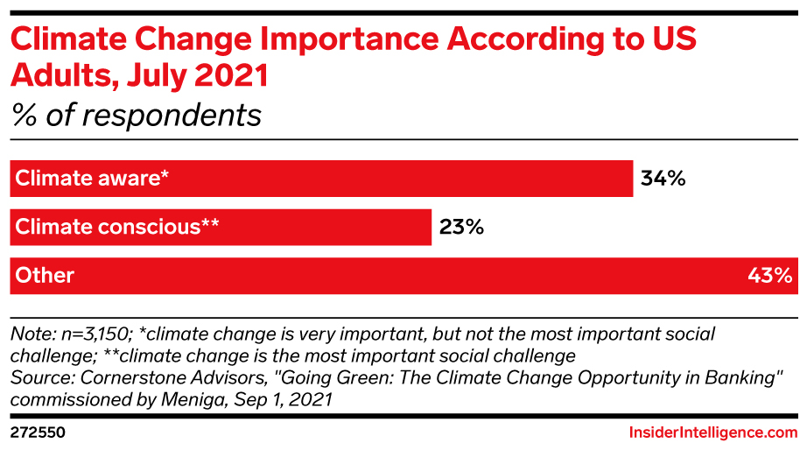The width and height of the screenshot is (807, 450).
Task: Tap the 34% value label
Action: (662, 179)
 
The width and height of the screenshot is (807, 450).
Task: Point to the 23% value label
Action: (461, 227)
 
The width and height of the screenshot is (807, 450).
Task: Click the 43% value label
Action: (769, 275)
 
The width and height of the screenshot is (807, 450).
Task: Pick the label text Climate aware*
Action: (90, 179)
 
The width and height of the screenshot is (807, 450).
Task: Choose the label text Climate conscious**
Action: (116, 227)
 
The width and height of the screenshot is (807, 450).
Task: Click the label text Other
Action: (44, 275)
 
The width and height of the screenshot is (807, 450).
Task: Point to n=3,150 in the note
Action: (87, 334)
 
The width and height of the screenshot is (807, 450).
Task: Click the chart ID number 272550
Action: (38, 432)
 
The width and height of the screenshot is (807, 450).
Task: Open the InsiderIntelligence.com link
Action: (713, 432)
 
